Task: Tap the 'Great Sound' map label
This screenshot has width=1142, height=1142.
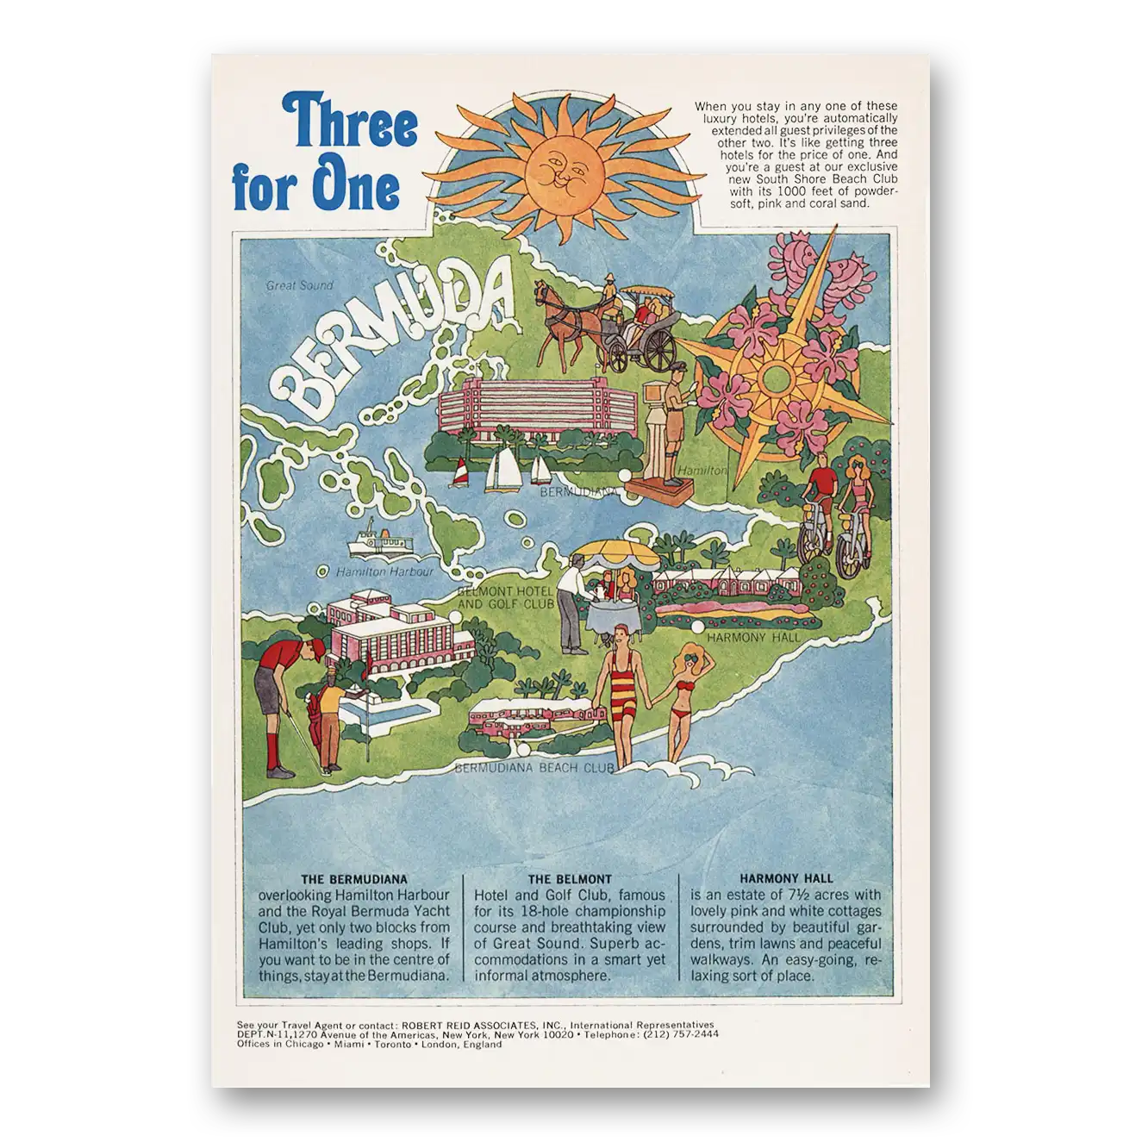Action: pos(299,285)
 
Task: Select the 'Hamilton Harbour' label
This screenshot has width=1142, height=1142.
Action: pos(384,571)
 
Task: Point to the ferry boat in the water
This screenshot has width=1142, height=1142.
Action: pos(379,540)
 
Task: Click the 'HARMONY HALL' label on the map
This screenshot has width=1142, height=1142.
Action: pos(752,638)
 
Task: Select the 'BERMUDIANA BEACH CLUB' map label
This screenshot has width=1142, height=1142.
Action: pos(534,767)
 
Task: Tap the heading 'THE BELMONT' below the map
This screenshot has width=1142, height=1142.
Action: pos(570,879)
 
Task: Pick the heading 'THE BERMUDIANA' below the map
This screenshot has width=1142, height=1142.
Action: pos(354,879)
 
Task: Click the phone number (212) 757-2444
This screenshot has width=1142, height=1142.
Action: pos(681,1034)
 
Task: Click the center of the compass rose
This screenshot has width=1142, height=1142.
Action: pos(776,378)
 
